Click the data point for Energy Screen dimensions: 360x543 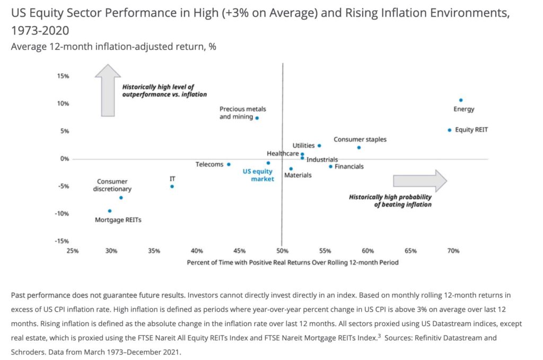click(461, 100)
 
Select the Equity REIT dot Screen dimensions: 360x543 click(449, 130)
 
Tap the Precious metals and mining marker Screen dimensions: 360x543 click(257, 118)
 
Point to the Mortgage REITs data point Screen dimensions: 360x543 click(110, 210)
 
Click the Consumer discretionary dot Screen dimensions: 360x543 click(121, 197)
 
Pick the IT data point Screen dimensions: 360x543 click(172, 186)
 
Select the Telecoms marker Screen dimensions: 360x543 click(229, 164)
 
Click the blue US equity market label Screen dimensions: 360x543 click(258, 175)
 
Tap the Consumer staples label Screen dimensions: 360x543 click(360, 139)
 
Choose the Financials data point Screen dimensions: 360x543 click(330, 166)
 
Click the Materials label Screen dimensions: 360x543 click(297, 175)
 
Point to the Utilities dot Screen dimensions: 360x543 click(319, 145)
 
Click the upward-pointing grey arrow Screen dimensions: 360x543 click(108, 90)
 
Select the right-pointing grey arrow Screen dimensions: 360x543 click(420, 181)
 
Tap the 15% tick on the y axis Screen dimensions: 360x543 click(63, 76)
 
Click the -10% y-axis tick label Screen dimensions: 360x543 click(62, 214)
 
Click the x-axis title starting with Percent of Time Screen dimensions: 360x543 click(292, 262)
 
